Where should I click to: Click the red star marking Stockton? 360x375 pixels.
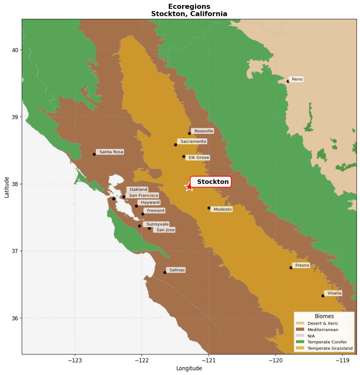pyautogui.click(x=189, y=187)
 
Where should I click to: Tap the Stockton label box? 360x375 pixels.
pyautogui.click(x=211, y=182)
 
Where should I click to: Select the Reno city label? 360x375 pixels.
pyautogui.click(x=297, y=79)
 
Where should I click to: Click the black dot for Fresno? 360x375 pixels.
pyautogui.click(x=291, y=268)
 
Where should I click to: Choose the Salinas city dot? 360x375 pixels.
pyautogui.click(x=165, y=272)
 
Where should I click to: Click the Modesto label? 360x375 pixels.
pyautogui.click(x=222, y=209)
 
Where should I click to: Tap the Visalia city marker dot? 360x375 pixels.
pyautogui.click(x=323, y=296)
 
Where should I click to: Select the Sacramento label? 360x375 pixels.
pyautogui.click(x=193, y=142)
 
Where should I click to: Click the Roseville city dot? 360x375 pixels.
pyautogui.click(x=189, y=133)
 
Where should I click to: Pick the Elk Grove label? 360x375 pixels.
pyautogui.click(x=198, y=158)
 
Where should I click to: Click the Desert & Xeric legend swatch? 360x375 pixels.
pyautogui.click(x=300, y=323)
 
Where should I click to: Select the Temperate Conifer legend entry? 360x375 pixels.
pyautogui.click(x=327, y=342)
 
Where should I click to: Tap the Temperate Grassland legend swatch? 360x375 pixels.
pyautogui.click(x=300, y=348)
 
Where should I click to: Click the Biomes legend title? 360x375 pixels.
pyautogui.click(x=324, y=316)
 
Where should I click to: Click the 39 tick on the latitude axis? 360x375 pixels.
pyautogui.click(x=15, y=117)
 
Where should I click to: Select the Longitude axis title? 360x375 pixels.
pyautogui.click(x=189, y=368)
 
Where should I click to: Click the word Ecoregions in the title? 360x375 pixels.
pyautogui.click(x=189, y=7)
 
